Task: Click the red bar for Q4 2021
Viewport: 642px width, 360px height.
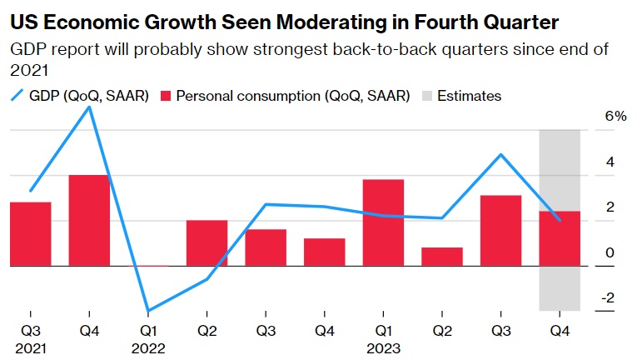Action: [x=89, y=220]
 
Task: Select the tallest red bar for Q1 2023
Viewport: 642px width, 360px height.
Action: [x=383, y=222]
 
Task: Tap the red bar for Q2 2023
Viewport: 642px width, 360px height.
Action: [x=441, y=257]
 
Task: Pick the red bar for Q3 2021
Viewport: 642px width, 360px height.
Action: [x=31, y=234]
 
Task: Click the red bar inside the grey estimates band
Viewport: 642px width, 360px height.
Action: [x=560, y=238]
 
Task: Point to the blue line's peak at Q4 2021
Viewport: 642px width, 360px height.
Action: [x=89, y=107]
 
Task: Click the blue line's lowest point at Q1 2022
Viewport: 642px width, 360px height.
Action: [x=148, y=311]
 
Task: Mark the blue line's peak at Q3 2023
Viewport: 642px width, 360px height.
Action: [x=500, y=154]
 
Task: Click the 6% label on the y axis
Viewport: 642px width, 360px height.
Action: [x=615, y=117]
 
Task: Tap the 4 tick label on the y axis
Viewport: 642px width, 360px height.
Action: [x=610, y=162]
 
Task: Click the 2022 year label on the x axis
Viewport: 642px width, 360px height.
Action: [x=148, y=347]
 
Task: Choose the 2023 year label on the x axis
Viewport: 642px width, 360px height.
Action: [x=383, y=347]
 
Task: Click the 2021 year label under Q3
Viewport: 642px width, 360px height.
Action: [x=31, y=347]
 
